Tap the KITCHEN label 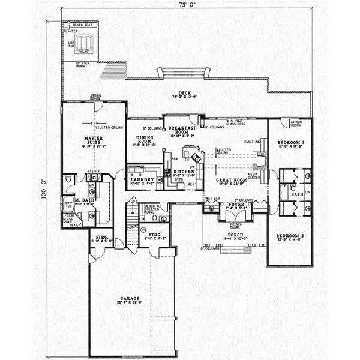183,172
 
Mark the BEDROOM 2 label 289,235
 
